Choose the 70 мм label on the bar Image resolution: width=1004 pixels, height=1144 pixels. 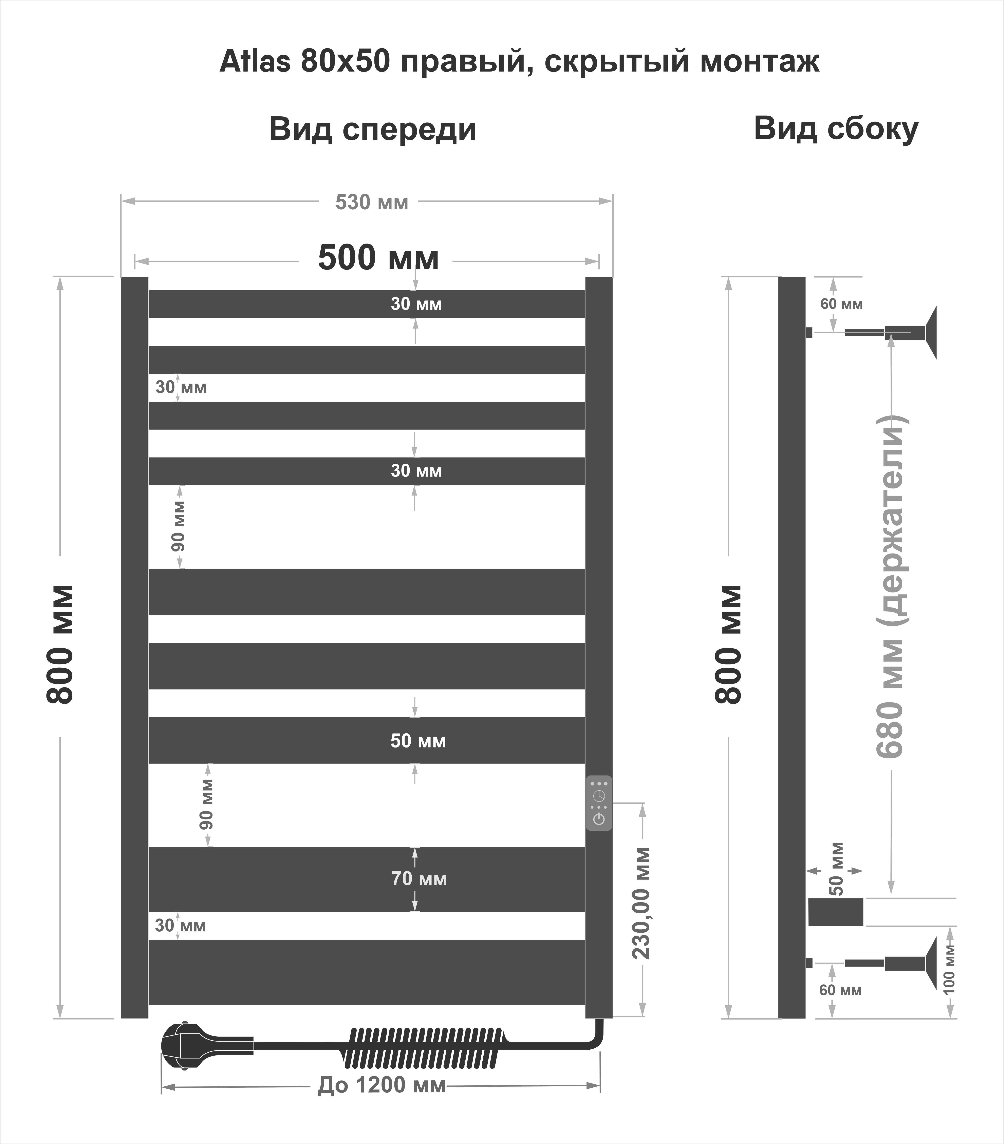coord(419,879)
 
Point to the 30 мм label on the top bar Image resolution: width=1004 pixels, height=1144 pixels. coord(416,304)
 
